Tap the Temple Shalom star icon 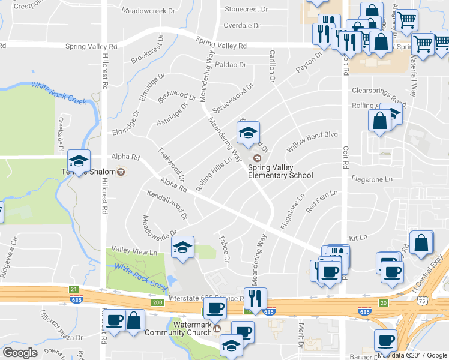pyautogui.click(x=121, y=172)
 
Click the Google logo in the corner pyautogui.click(x=20, y=353)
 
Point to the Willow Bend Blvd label pyautogui.click(x=312, y=142)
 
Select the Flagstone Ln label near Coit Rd pyautogui.click(x=372, y=179)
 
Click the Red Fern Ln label pyautogui.click(x=322, y=202)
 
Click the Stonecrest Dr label pyautogui.click(x=245, y=10)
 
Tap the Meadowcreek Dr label pyautogui.click(x=148, y=11)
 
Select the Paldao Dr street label pyautogui.click(x=231, y=64)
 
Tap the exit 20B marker pyautogui.click(x=158, y=302)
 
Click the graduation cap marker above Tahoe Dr pyautogui.click(x=182, y=247)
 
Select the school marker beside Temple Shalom pyautogui.click(x=79, y=161)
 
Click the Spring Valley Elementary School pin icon pyautogui.click(x=258, y=158)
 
